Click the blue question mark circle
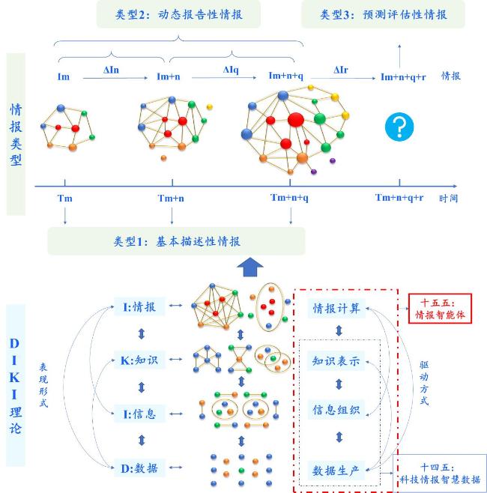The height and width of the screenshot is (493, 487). click(x=399, y=127)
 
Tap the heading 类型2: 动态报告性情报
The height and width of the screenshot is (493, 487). click(x=178, y=14)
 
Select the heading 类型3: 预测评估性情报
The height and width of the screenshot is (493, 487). click(x=383, y=14)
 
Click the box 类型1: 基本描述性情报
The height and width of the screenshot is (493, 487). click(x=176, y=241)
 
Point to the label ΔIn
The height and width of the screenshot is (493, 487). click(x=111, y=70)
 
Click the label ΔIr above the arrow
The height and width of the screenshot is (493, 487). click(x=341, y=70)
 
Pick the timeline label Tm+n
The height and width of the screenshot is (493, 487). click(x=171, y=199)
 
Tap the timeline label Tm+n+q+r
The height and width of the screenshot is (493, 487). click(x=399, y=198)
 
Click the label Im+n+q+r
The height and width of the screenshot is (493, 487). click(x=403, y=76)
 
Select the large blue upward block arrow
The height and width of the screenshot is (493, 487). click(x=250, y=267)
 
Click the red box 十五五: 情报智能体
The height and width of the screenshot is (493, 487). click(x=440, y=309)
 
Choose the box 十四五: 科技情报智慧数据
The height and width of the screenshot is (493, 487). click(x=440, y=474)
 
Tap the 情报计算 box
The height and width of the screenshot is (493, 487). click(x=336, y=309)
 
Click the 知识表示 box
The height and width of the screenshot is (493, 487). click(x=336, y=361)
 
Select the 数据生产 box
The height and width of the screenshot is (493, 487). click(x=336, y=471)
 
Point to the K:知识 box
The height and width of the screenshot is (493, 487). click(x=139, y=360)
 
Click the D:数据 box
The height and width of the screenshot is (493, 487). click(x=139, y=468)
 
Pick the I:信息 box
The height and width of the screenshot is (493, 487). click(x=139, y=414)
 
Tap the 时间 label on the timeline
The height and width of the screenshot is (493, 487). click(x=448, y=199)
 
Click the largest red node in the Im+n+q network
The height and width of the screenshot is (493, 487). click(x=295, y=120)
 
